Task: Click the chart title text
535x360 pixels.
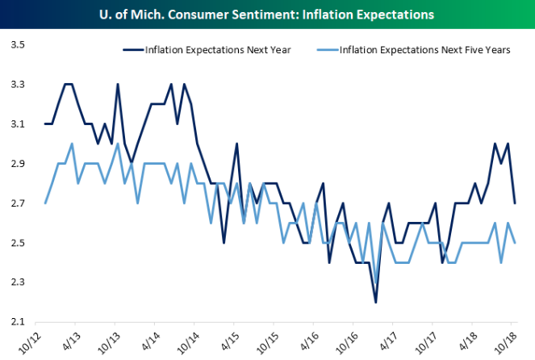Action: [267, 15]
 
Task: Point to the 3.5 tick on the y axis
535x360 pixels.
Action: [16, 44]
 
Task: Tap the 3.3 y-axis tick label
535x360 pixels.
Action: [16, 84]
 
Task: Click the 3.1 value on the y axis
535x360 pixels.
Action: [16, 123]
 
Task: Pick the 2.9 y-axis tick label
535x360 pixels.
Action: [16, 163]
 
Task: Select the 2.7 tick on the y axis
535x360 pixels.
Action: [16, 203]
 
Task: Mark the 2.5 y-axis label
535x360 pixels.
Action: [16, 242]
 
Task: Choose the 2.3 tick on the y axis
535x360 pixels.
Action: [16, 282]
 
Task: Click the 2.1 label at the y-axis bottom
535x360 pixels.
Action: [16, 321]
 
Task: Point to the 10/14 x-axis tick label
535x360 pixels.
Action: [194, 340]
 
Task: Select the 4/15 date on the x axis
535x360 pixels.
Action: [236, 340]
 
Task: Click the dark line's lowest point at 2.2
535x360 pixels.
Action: [376, 302]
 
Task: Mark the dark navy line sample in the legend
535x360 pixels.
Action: [131, 49]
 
